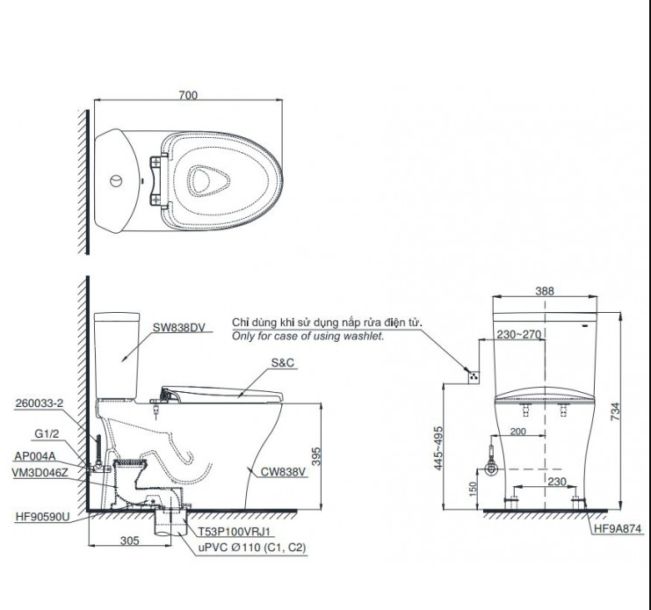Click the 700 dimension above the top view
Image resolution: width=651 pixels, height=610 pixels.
[x=187, y=95]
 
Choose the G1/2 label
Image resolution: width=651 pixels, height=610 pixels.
[x=47, y=432]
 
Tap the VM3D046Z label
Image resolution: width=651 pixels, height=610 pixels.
[x=41, y=471]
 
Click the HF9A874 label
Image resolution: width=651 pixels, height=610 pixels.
[x=618, y=529]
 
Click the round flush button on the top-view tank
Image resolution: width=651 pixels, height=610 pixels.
[x=115, y=182]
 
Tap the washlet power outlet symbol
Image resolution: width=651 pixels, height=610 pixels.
[x=475, y=375]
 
